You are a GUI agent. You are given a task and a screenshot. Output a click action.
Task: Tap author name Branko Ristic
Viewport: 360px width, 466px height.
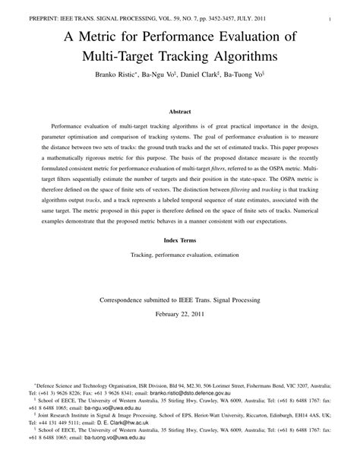tap(112, 77)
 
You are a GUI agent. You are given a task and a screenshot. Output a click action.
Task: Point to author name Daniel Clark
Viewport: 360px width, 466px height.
tap(198, 77)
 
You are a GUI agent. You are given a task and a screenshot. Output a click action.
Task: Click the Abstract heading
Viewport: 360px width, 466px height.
tap(179, 111)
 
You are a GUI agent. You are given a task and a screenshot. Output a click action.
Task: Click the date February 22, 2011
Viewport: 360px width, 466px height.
tap(180, 313)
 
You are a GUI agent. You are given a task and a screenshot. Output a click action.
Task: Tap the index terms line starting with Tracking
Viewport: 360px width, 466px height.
tap(179, 258)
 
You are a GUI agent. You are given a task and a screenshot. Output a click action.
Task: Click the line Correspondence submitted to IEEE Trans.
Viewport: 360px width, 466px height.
tap(180, 300)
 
